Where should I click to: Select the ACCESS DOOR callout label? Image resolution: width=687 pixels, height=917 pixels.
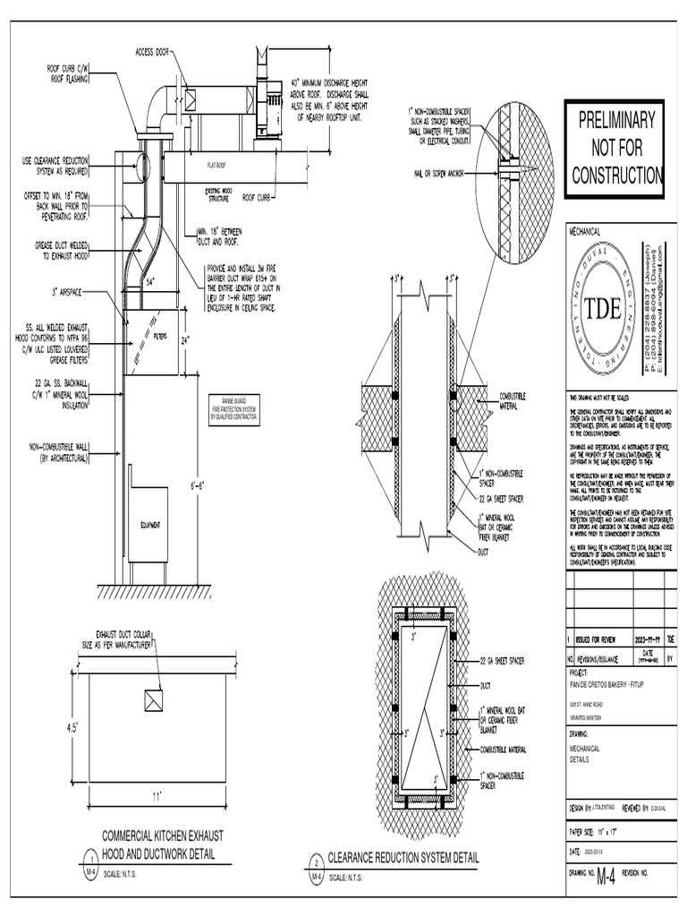(x=152, y=52)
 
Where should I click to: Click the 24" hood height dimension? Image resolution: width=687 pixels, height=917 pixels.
(x=185, y=340)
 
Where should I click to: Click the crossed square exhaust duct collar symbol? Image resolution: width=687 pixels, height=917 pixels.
(x=154, y=700)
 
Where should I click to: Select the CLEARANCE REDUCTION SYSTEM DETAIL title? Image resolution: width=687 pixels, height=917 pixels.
(x=403, y=858)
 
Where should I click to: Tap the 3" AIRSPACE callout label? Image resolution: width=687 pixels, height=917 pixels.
(x=80, y=291)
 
